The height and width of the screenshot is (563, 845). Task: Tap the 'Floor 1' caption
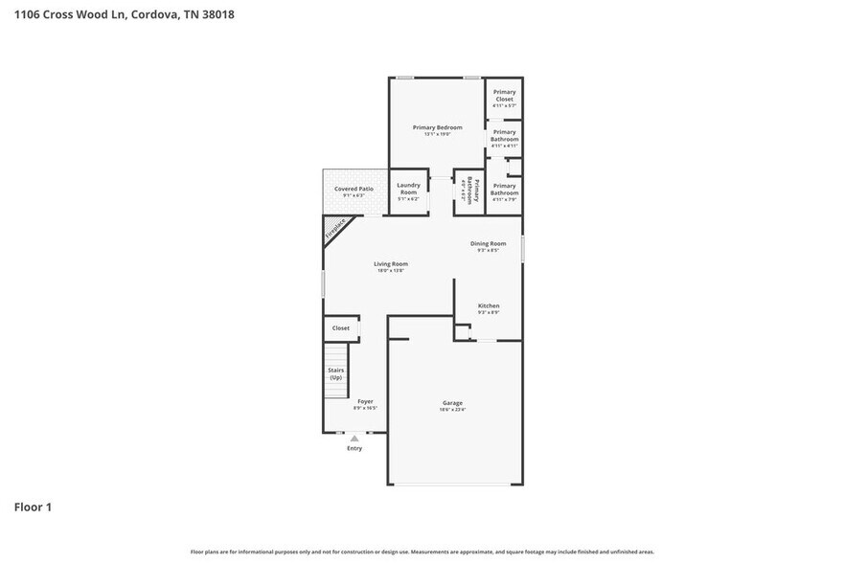[33, 507]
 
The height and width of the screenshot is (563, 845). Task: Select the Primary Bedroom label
[437, 127]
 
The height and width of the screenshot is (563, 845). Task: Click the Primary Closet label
[504, 95]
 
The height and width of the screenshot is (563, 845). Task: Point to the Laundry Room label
[409, 188]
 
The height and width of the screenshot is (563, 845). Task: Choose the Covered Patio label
[354, 189]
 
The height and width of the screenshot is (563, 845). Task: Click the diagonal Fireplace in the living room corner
[334, 229]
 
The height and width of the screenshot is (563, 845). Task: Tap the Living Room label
[391, 264]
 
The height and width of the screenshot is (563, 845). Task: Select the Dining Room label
[488, 244]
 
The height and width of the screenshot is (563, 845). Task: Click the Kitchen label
[489, 306]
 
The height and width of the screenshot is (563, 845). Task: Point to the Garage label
[452, 402]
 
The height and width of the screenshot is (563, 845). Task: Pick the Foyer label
[365, 401]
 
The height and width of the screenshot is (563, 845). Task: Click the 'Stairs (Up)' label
[336, 373]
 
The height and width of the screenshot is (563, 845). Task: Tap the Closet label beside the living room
[341, 328]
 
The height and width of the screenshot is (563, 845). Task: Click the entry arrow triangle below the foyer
[354, 439]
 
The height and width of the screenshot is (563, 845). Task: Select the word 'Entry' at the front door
[354, 448]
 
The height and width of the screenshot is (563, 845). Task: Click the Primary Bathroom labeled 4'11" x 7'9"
[504, 190]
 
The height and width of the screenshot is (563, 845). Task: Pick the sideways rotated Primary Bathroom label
[469, 189]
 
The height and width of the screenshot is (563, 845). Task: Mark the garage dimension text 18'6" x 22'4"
[452, 409]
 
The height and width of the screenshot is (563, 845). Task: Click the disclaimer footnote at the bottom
[422, 552]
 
